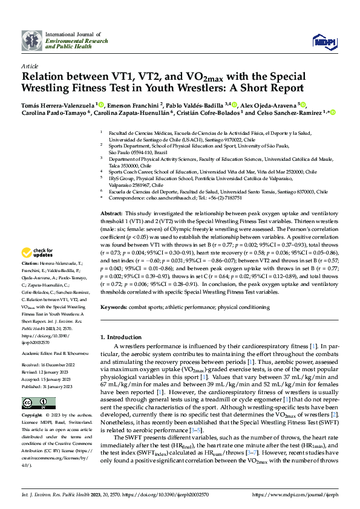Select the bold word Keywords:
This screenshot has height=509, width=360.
[x=113, y=308]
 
